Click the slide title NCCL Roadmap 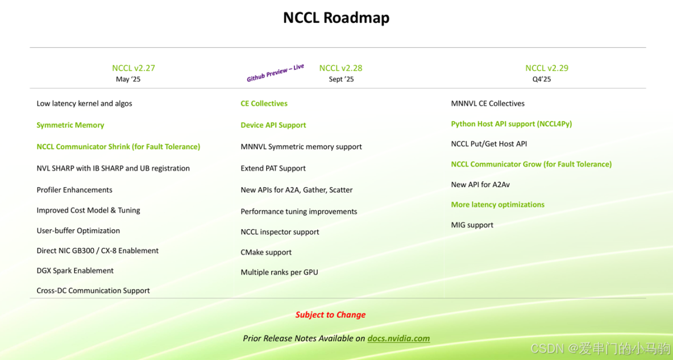(336, 18)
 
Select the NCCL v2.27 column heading (134, 68)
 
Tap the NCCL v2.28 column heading (340, 68)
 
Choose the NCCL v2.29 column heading (546, 68)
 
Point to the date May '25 (128, 80)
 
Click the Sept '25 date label (341, 80)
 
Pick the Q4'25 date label (542, 80)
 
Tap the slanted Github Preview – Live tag (276, 73)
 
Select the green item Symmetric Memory (70, 125)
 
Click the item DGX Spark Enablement (75, 271)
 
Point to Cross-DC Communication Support (93, 291)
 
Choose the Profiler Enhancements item (74, 190)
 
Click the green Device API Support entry (273, 125)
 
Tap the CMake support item (266, 252)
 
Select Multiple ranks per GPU (279, 272)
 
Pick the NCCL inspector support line (280, 232)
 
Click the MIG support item (472, 225)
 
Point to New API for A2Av (480, 185)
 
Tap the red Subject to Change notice (330, 315)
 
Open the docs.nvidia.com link (398, 338)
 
